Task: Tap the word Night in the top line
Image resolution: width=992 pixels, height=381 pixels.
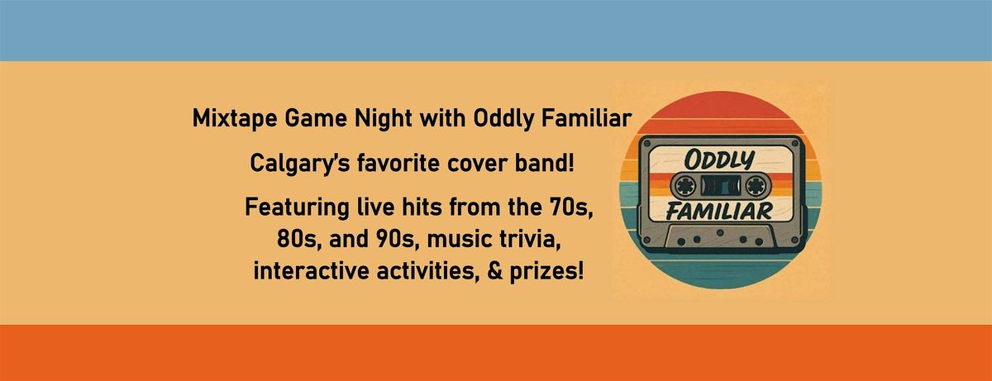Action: [x=384, y=118]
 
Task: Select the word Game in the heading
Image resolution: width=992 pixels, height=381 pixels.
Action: [x=315, y=118]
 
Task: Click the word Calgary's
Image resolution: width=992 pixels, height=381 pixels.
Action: [x=301, y=164]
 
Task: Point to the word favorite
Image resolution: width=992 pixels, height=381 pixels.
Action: [x=398, y=163]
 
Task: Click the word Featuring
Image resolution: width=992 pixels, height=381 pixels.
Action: [x=297, y=207]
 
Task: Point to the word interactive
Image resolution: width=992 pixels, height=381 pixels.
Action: [x=312, y=271]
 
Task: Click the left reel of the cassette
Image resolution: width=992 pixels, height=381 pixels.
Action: [x=685, y=186]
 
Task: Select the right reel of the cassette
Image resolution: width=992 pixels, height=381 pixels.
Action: [x=756, y=186]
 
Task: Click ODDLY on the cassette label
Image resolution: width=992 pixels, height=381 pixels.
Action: [x=720, y=160]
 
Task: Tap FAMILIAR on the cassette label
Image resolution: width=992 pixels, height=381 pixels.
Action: [x=720, y=212]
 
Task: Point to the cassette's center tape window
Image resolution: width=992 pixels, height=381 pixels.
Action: [x=721, y=186]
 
